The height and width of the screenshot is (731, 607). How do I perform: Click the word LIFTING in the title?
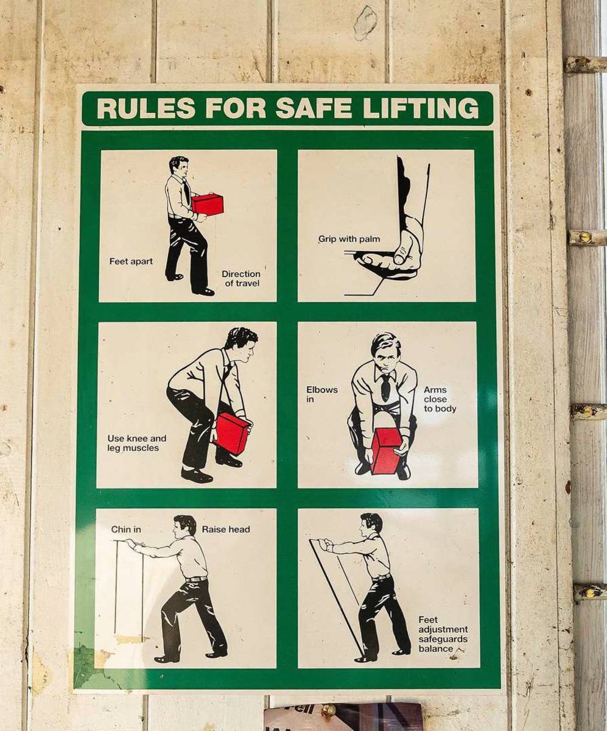coord(420,108)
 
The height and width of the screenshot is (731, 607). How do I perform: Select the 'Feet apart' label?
coord(131,261)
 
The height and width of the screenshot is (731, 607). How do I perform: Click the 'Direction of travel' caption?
coord(240,278)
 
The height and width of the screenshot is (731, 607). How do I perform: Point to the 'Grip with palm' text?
coord(349,239)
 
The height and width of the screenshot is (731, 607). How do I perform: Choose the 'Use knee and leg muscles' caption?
coord(137,443)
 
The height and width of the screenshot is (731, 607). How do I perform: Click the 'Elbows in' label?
coord(322,394)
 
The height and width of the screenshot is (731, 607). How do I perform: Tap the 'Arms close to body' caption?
coord(440,399)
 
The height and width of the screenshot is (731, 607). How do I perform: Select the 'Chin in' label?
coord(126,529)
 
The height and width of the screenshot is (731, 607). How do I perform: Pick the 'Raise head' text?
coord(226,529)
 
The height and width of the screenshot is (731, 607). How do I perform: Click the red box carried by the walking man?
coord(207,204)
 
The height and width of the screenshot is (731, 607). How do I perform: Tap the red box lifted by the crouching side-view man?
coord(232,433)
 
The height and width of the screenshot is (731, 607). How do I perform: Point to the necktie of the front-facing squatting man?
coord(385,387)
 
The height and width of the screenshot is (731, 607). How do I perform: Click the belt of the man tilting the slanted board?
coord(381,577)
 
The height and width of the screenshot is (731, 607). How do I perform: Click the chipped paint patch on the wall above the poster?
coord(365,23)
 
